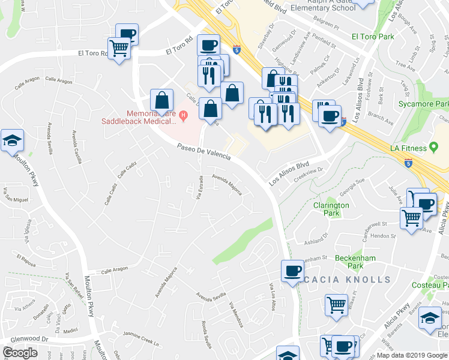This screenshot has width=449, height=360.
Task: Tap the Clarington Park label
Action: (x=331, y=209)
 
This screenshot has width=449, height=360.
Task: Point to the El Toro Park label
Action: (x=373, y=37)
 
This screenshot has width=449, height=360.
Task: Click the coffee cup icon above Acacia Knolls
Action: (x=293, y=271)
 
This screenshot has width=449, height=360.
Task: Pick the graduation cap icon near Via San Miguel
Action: (x=12, y=141)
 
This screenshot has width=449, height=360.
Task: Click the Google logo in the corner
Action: (x=20, y=353)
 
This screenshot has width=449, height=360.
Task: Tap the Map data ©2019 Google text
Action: (x=412, y=355)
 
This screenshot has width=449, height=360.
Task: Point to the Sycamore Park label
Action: (x=424, y=103)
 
